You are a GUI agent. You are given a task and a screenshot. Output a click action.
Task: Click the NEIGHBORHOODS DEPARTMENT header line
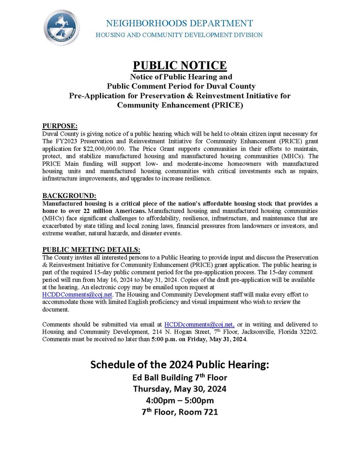point(179,23)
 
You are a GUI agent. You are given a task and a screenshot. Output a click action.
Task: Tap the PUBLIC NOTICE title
point(180,65)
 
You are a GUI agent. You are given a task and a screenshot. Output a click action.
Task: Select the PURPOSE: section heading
point(60,126)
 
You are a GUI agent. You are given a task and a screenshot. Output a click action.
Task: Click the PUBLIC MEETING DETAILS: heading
point(91,249)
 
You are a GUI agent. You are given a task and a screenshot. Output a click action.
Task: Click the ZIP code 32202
point(306,332)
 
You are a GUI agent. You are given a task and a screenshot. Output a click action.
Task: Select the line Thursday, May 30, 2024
point(180,389)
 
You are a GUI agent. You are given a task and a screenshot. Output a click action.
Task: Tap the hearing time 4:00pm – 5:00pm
point(180,400)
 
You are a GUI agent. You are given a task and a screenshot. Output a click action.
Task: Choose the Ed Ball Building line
point(180,377)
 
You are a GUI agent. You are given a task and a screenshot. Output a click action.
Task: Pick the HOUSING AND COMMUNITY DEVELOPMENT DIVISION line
point(179,35)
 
